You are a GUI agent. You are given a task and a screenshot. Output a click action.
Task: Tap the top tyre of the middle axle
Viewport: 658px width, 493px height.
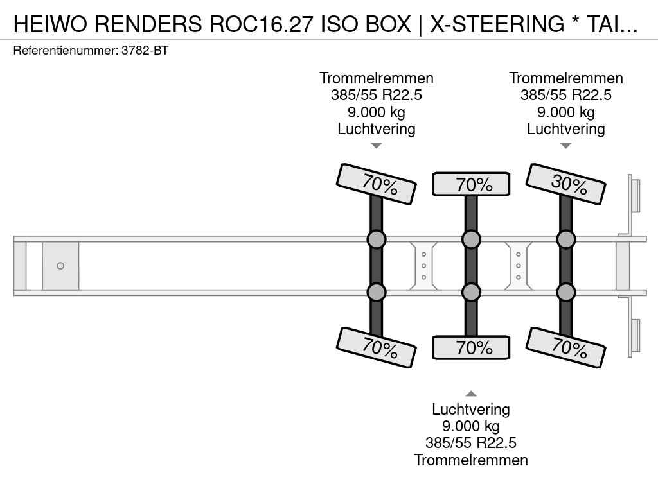[x=471, y=184]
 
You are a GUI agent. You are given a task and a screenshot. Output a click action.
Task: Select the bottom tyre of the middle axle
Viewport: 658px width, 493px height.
[x=471, y=347]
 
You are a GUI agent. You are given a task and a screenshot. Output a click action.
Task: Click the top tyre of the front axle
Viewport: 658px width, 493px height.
[x=377, y=184]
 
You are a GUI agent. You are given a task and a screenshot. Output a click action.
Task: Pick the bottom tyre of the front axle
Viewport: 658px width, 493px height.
[x=377, y=347]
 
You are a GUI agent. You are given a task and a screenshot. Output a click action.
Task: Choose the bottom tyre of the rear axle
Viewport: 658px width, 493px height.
[x=566, y=347]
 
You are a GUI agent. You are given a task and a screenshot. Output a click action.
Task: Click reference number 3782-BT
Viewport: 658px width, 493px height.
[x=145, y=51]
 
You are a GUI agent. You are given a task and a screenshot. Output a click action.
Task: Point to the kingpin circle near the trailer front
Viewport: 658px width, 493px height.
[x=60, y=266]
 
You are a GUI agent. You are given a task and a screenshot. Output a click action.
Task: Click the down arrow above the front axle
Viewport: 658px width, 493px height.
[x=377, y=146]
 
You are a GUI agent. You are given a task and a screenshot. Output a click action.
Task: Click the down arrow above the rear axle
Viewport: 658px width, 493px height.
[x=566, y=146]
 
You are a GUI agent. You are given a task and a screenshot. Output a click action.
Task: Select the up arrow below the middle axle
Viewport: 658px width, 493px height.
[x=471, y=394]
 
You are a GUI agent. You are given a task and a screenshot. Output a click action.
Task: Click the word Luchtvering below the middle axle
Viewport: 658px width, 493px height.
[x=471, y=410]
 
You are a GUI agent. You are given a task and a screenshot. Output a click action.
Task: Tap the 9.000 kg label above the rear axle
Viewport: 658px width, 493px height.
[x=566, y=112]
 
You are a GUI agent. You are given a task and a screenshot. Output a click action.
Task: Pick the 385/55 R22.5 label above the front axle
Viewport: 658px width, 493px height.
[x=377, y=95]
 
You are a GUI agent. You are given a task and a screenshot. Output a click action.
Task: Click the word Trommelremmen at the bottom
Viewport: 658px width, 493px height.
[x=471, y=460]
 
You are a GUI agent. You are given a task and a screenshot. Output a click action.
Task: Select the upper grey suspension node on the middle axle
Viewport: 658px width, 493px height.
[x=471, y=239]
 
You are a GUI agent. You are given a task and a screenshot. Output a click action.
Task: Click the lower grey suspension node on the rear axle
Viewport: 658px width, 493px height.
[x=566, y=292]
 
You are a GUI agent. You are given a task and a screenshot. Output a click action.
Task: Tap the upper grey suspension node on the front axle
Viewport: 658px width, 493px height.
[x=377, y=239]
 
